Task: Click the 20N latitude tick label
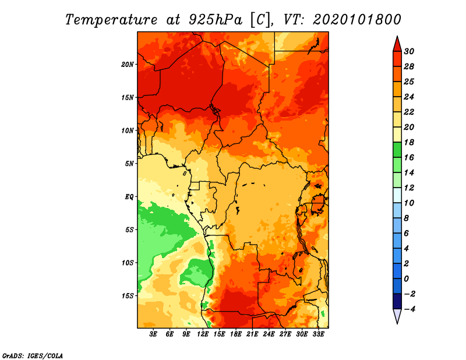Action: point(127,65)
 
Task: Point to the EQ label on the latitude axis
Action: point(129,197)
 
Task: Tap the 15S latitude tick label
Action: point(128,296)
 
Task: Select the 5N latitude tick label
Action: point(129,164)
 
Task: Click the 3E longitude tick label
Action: point(153,334)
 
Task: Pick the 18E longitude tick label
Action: point(236,334)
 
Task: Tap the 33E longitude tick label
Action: point(318,334)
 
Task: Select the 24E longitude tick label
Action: point(269,334)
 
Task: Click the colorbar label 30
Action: point(409,51)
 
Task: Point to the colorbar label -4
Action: point(409,309)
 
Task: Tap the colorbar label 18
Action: point(409,142)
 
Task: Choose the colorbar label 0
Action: point(407,279)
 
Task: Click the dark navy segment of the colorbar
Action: point(397,301)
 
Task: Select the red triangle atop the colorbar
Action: point(397,45)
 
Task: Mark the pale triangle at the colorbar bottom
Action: point(397,316)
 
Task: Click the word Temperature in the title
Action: point(111,20)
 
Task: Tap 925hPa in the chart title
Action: point(215,20)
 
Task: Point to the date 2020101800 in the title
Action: point(357,20)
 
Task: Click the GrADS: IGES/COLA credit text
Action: point(33,355)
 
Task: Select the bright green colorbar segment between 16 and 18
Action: point(397,150)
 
